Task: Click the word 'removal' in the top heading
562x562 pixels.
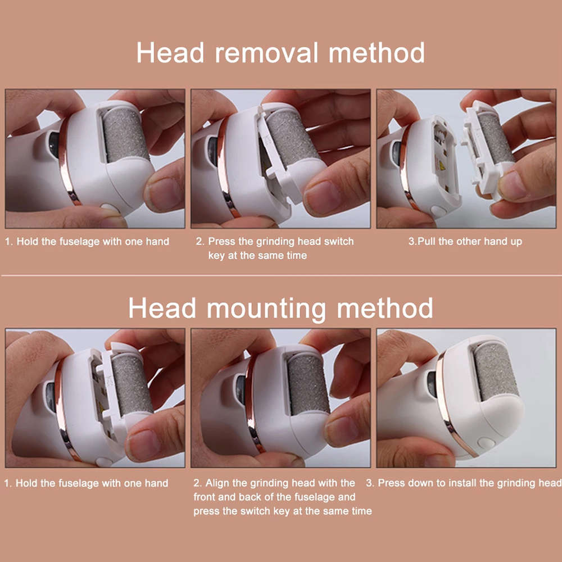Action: [268, 53]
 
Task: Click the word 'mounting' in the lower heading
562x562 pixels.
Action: [264, 308]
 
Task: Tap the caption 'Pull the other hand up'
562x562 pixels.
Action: [465, 242]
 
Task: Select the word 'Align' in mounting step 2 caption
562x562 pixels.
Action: [217, 483]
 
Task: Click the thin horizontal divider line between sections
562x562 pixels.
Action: [281, 276]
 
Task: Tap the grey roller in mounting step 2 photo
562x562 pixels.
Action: [307, 383]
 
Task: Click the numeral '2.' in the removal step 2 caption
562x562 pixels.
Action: [200, 242]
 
